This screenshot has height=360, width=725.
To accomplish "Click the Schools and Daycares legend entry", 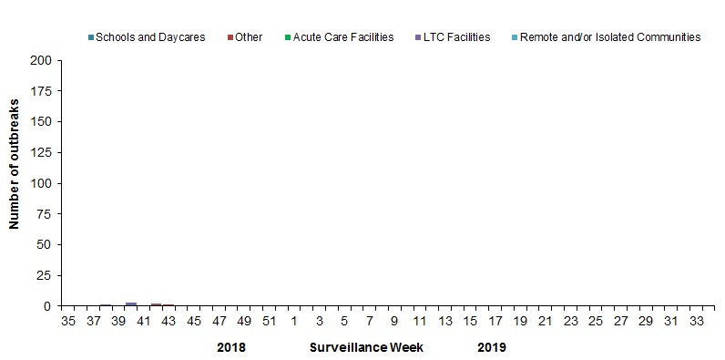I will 146,37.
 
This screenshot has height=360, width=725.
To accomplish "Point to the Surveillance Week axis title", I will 366,347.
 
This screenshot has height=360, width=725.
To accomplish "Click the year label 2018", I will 231,347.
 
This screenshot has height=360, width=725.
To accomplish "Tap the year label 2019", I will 492,347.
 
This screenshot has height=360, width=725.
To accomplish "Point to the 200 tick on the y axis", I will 42,61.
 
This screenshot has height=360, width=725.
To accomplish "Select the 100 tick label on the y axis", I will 42,183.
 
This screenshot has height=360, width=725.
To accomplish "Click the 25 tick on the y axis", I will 45,275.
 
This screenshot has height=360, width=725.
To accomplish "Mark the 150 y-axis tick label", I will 42,122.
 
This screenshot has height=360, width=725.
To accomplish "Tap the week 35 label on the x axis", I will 68,322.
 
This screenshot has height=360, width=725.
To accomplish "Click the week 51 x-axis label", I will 269,322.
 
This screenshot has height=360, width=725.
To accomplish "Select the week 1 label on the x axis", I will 294,322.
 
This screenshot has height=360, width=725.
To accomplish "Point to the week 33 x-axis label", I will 696,322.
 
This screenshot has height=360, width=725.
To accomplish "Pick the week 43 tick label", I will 168,322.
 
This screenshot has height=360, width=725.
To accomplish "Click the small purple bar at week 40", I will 131,303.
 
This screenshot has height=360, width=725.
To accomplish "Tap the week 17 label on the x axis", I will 495,322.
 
